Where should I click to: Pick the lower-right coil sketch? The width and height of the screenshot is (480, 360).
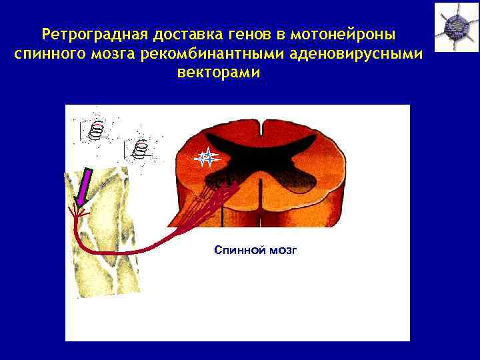[x=139, y=149]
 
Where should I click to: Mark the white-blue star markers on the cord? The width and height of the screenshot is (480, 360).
[x=207, y=158]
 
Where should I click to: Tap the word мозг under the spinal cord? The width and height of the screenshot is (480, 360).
[x=283, y=250]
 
